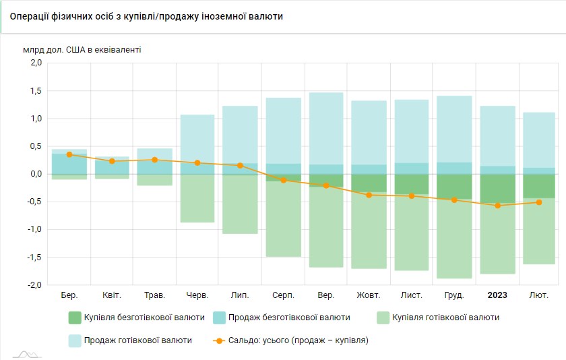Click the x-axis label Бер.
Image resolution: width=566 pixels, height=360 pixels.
pyautogui.click(x=69, y=295)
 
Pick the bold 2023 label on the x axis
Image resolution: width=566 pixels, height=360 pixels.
pyautogui.click(x=497, y=295)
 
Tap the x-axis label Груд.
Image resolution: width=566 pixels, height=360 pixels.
pyautogui.click(x=454, y=295)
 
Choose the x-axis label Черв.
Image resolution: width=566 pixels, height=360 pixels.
pyautogui.click(x=197, y=295)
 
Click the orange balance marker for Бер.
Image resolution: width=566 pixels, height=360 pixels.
pyautogui.click(x=69, y=154)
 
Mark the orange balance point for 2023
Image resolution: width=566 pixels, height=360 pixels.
pyautogui.click(x=497, y=206)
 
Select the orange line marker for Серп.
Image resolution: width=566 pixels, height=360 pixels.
pyautogui.click(x=283, y=180)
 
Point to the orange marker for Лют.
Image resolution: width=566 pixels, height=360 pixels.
pyautogui.click(x=540, y=202)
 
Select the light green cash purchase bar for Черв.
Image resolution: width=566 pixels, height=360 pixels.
pyautogui.click(x=197, y=199)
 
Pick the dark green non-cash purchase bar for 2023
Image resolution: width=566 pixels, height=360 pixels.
pyautogui.click(x=497, y=189)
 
